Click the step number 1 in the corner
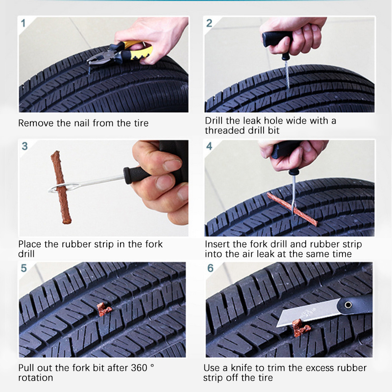(x=23, y=23)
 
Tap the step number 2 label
(x=209, y=23)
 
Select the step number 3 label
(x=24, y=146)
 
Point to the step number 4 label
(x=209, y=146)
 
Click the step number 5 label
(x=24, y=268)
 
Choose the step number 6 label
(x=211, y=268)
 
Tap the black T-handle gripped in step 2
(x=277, y=39)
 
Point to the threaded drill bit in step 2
(x=287, y=74)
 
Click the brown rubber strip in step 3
(x=61, y=187)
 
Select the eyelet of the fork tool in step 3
(x=57, y=188)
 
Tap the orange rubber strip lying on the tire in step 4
(x=292, y=209)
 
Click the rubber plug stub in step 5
(x=103, y=309)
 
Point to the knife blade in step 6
(x=308, y=313)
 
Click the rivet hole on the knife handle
(x=348, y=305)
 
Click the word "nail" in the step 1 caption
(x=82, y=123)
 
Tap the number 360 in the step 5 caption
(x=139, y=368)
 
